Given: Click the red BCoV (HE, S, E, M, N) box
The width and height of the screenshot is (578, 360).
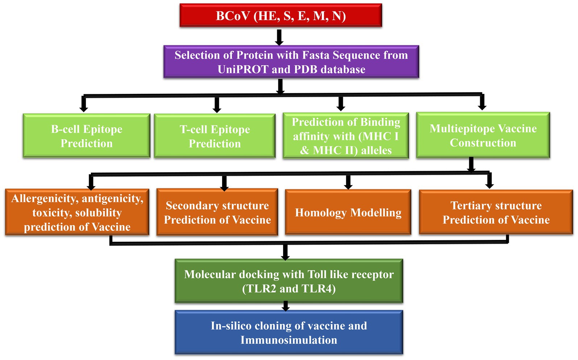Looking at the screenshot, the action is tap(281, 15).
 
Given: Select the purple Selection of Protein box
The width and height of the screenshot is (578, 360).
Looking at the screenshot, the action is tap(291, 62).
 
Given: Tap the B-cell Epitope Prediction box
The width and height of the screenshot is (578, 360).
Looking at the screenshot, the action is tap(87, 136).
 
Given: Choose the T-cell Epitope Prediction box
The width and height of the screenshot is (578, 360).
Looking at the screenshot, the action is tap(215, 136).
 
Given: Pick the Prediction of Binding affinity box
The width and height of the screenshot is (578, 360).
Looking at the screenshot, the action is tap(346, 136).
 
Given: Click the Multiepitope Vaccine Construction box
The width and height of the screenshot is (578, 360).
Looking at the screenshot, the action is tap(483, 135).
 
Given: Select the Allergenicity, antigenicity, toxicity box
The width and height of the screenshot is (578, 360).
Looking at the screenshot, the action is tap(77, 212).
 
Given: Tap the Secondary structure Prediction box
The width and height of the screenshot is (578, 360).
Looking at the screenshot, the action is tap(217, 212).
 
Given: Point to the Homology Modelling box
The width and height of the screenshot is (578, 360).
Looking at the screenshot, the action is tap(348, 212).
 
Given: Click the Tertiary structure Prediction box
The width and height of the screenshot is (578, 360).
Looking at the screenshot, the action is tap(496, 212).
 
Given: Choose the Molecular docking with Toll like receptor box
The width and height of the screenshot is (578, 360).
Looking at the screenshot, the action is tap(289, 281).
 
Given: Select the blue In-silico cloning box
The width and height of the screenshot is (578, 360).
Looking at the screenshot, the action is tap(289, 332).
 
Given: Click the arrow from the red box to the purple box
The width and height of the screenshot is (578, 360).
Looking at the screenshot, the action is tap(279, 37).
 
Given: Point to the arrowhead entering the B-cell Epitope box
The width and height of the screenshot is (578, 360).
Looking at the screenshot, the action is tap(83, 108).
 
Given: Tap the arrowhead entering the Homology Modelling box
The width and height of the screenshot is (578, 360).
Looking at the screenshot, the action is tap(348, 186).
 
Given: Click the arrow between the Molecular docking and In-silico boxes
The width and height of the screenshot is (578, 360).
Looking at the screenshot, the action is tap(286, 306).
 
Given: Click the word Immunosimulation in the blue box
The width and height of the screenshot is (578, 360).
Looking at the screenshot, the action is tap(289, 340).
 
